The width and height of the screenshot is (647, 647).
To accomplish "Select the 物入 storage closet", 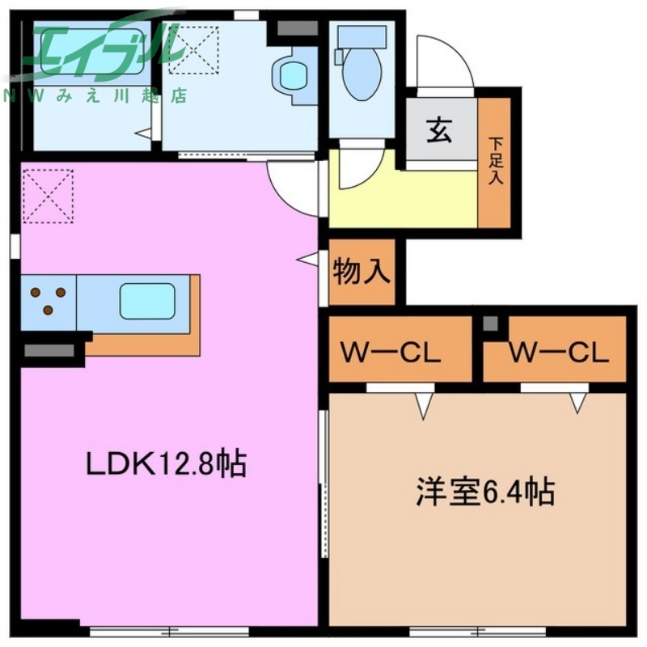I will point(362,272).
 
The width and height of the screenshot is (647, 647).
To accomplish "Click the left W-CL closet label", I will point(390,353).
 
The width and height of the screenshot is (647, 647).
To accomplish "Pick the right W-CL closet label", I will point(558,353).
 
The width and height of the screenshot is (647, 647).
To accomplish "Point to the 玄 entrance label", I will point(439,129).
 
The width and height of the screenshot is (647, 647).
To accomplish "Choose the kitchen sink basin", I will point(147,302).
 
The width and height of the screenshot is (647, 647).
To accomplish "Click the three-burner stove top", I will point(49,301).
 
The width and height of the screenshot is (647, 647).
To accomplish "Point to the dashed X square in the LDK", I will point(48,195).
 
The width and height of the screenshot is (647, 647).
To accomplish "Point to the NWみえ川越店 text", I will point(97,95).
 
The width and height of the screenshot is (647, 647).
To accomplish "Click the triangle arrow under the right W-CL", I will point(577,402).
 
